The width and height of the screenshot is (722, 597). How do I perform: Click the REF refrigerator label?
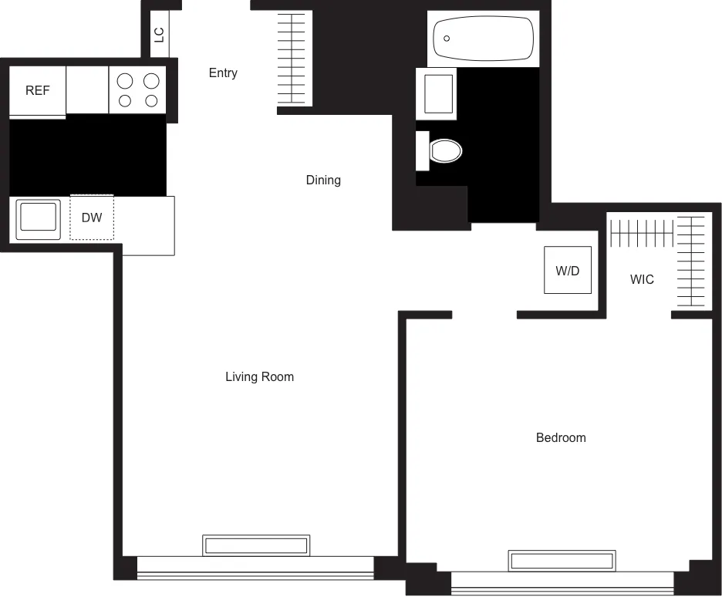[37, 91]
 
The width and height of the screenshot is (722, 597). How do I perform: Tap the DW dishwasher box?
[92, 218]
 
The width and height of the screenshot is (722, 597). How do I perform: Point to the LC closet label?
[160, 35]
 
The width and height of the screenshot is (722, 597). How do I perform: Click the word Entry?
[223, 73]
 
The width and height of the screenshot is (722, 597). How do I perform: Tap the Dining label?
[323, 180]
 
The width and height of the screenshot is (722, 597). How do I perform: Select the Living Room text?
[259, 377]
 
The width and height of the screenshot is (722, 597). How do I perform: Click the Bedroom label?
[561, 438]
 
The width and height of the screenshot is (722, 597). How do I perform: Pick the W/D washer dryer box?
[568, 270]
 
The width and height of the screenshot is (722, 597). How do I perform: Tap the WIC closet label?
[642, 280]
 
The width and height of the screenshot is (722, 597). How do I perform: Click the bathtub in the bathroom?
[484, 39]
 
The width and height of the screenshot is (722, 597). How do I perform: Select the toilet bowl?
[446, 150]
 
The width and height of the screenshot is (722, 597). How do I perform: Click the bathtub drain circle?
[447, 39]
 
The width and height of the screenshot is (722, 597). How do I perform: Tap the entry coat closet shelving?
[294, 59]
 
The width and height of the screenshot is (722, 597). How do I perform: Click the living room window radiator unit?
[256, 545]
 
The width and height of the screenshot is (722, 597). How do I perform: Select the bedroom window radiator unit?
[562, 561]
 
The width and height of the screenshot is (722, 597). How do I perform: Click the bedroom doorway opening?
[484, 315]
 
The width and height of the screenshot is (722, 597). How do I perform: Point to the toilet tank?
[422, 150]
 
